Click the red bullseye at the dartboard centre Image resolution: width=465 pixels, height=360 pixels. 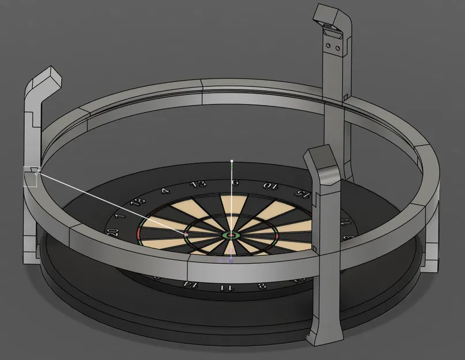point(231,235)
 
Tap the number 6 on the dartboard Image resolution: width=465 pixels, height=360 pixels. point(235,183)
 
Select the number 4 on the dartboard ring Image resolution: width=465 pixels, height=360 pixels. point(166,191)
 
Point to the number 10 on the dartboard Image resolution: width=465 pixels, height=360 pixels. point(269,185)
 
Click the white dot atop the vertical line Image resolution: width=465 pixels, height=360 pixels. point(232,161)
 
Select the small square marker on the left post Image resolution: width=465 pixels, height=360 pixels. point(30,176)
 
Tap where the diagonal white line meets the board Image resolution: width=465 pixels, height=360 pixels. point(186,234)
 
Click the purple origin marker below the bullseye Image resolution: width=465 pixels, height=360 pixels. point(230,260)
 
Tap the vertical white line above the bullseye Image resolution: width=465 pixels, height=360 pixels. point(232,196)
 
